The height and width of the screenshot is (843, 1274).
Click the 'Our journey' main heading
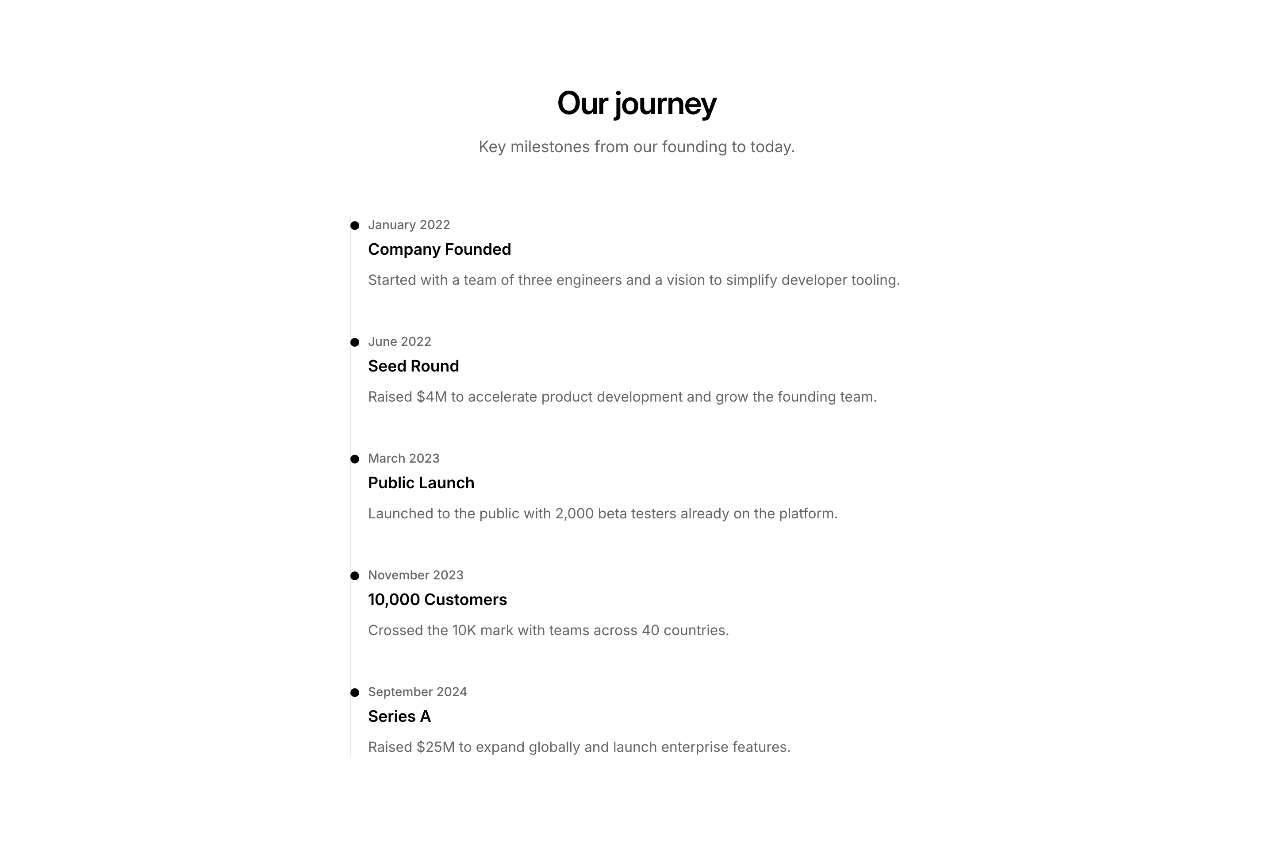coord(637,103)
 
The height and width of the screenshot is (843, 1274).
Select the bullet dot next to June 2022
coord(355,342)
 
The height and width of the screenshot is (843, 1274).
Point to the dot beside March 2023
coord(355,459)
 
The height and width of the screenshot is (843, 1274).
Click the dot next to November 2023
coord(355,576)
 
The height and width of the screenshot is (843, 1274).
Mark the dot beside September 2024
coord(355,693)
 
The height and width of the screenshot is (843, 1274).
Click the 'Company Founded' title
coord(439,249)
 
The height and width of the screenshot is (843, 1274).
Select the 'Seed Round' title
coord(413,366)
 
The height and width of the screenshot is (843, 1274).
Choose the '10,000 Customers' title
coord(437,599)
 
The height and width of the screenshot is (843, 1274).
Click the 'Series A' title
coord(399,716)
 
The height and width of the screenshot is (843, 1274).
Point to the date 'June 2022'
coord(399,342)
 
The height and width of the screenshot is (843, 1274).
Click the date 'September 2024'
coord(417,692)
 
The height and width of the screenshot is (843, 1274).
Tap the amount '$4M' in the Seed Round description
coord(432,397)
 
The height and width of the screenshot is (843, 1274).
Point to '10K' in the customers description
coord(464,630)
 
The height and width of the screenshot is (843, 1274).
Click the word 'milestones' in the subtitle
coord(550,147)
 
